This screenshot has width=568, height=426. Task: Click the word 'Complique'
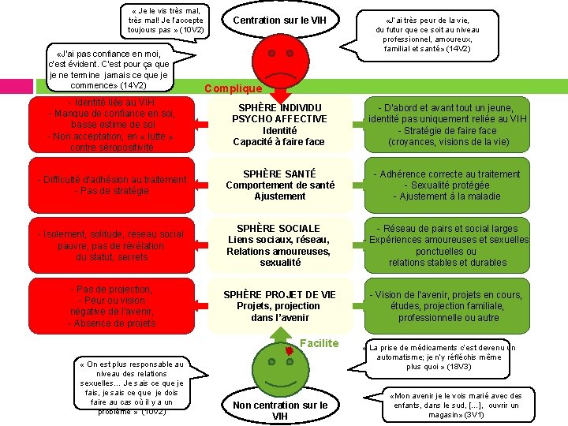pyautogui.click(x=234, y=89)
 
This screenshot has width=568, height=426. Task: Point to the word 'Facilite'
pyautogui.click(x=319, y=343)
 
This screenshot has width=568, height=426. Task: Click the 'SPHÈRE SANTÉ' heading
pyautogui.click(x=279, y=174)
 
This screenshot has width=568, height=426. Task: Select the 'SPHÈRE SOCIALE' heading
pyautogui.click(x=279, y=229)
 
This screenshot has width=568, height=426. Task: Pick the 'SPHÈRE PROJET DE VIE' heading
pyautogui.click(x=279, y=294)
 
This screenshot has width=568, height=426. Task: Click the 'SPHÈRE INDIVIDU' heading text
pyautogui.click(x=280, y=108)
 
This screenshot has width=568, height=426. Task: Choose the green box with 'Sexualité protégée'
pyautogui.click(x=447, y=185)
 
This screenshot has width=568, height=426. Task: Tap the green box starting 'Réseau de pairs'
pyautogui.click(x=447, y=245)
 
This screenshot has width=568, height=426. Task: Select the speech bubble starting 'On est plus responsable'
pyautogui.click(x=122, y=387)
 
